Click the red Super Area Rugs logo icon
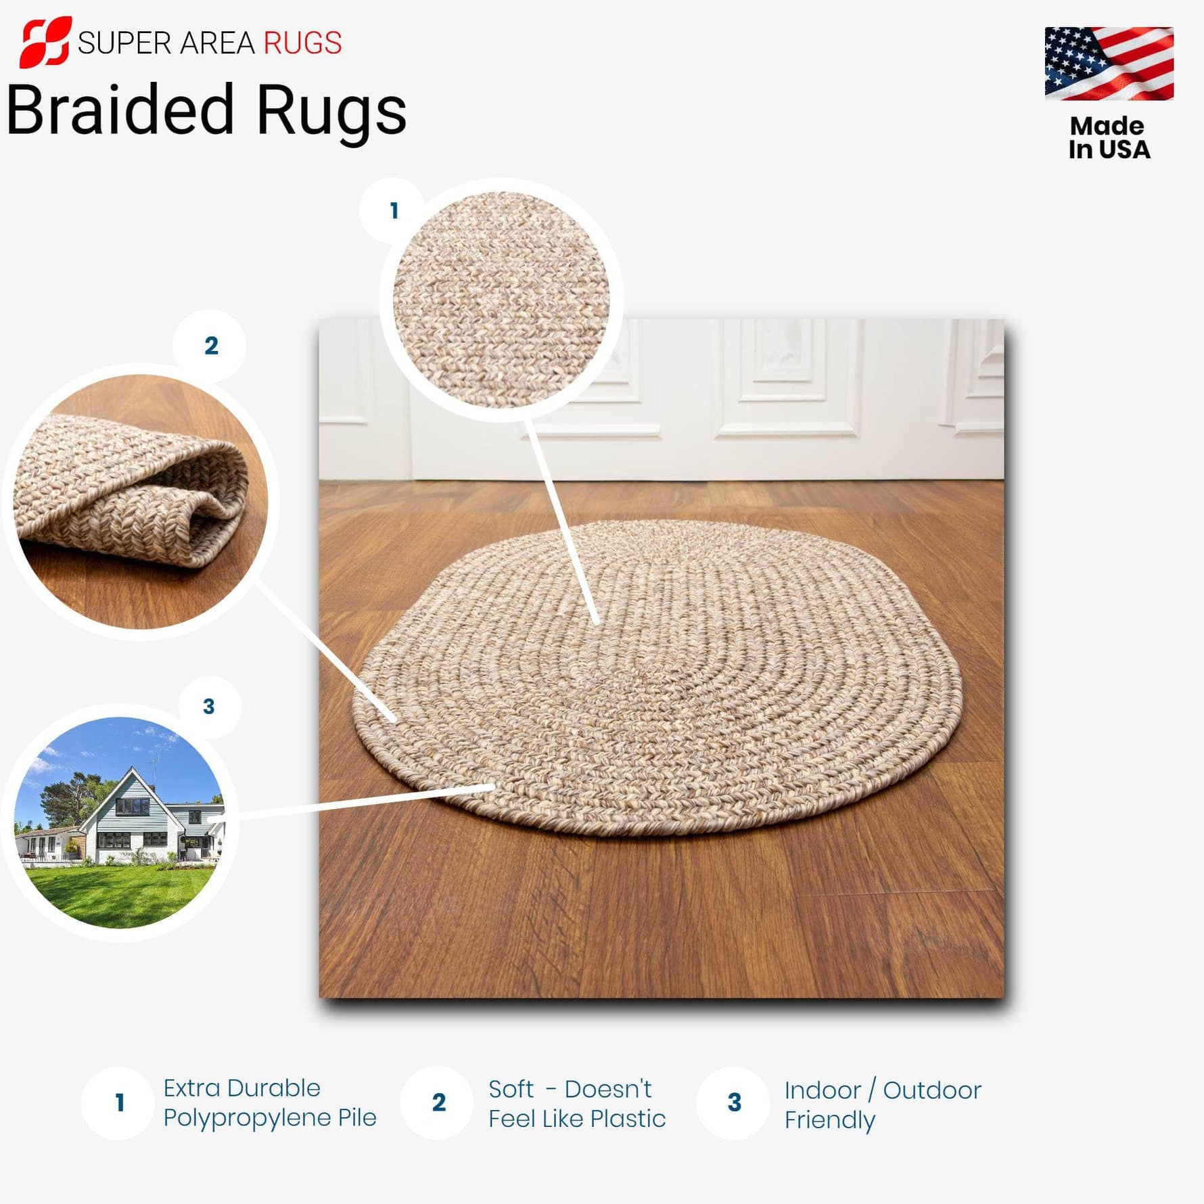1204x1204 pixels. pyautogui.click(x=45, y=42)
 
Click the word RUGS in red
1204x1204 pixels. pyautogui.click(x=302, y=43)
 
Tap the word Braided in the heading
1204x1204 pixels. pyautogui.click(x=120, y=110)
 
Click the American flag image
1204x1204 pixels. pyautogui.click(x=1109, y=64)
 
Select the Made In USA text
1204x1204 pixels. pyautogui.click(x=1109, y=138)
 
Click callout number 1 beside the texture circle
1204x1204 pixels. pyautogui.click(x=394, y=211)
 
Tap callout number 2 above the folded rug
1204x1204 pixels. pyautogui.click(x=211, y=346)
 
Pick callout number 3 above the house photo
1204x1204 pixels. pyautogui.click(x=209, y=707)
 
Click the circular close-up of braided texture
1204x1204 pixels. pyautogui.click(x=501, y=299)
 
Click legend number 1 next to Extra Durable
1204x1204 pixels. pyautogui.click(x=120, y=1103)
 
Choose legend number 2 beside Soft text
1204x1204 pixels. pyautogui.click(x=438, y=1103)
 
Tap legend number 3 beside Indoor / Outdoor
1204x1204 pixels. pyautogui.click(x=735, y=1103)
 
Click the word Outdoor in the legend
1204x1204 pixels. pyautogui.click(x=931, y=1090)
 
